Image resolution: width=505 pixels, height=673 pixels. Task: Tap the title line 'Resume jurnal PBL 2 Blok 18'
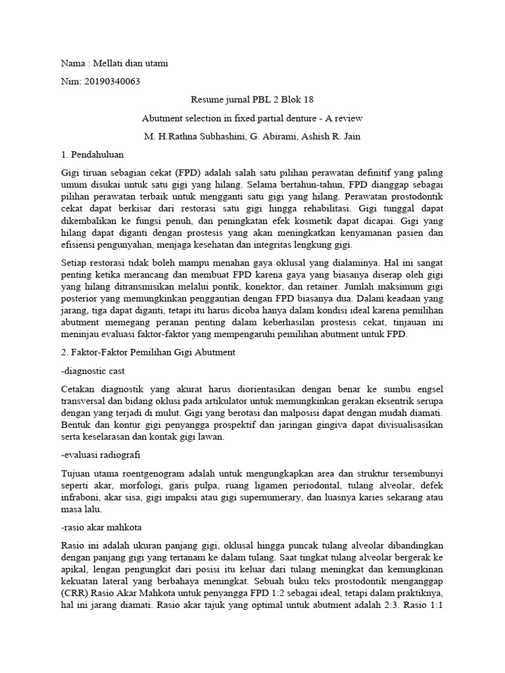coord(252,100)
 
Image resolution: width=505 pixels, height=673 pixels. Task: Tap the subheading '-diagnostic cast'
coord(93,371)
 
